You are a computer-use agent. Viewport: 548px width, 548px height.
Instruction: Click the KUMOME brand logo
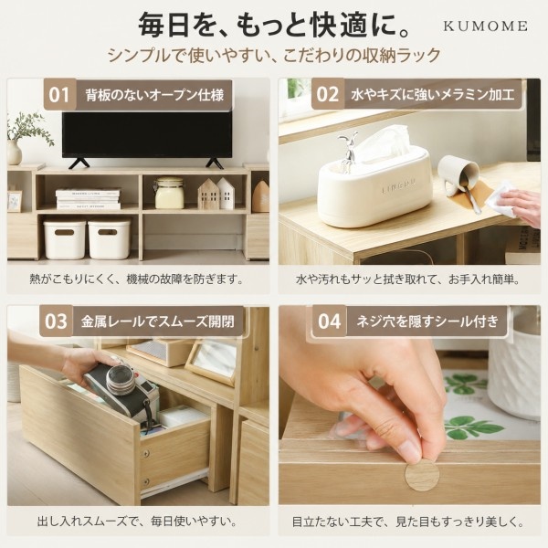486,26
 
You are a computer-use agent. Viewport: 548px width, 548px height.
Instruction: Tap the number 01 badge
59,95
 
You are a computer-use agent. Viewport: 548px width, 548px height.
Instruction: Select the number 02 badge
328,95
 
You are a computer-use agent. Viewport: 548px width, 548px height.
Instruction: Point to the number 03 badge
56,321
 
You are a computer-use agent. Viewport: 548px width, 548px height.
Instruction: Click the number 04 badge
329,321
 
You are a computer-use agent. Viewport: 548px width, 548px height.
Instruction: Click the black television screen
147,135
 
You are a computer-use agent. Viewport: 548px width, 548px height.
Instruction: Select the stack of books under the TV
88,199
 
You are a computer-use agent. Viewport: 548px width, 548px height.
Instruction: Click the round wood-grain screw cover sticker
422,475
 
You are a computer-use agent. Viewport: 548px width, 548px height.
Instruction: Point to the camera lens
121,379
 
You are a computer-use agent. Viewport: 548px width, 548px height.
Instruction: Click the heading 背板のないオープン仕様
154,95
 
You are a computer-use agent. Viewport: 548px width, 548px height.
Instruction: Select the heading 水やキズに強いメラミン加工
433,95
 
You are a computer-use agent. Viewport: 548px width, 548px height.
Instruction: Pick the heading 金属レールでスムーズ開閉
158,321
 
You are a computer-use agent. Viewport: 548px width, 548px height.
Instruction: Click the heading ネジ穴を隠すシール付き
427,321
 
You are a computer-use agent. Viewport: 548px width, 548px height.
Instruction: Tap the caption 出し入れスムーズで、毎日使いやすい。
137,522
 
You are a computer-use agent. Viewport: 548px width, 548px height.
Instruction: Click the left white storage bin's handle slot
64,232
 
